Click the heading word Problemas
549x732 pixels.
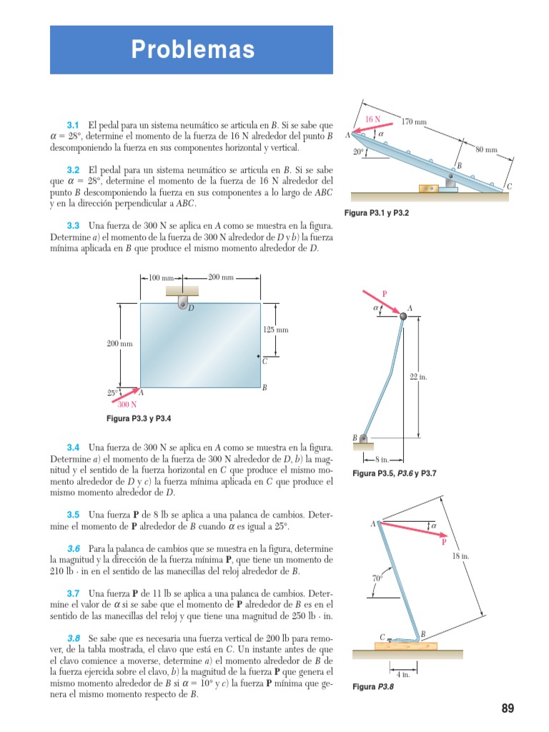point(192,49)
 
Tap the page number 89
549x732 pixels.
point(508,708)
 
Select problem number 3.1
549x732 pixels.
point(72,125)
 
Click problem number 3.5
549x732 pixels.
point(72,515)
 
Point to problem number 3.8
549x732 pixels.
point(73,638)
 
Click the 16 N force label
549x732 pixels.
point(372,119)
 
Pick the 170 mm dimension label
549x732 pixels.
point(415,122)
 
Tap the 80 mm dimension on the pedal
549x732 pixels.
point(486,150)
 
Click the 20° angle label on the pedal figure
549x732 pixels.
point(358,152)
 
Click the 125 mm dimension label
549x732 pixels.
point(276,330)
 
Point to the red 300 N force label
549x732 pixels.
point(127,405)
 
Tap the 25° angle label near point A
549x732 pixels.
point(113,392)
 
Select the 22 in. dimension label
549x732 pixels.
point(418,377)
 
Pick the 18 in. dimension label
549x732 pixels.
point(461,556)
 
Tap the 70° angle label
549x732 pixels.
point(377,578)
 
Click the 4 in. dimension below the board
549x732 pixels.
point(402,673)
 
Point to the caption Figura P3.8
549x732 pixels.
point(373,687)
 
